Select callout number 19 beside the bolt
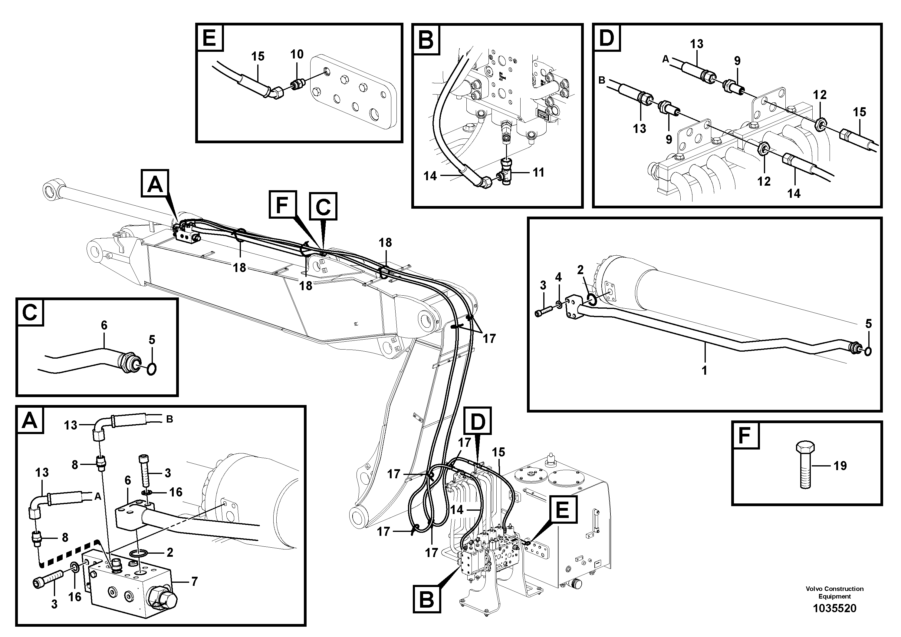pyautogui.click(x=840, y=466)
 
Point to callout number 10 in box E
pyautogui.click(x=297, y=55)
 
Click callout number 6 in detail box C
pyautogui.click(x=104, y=325)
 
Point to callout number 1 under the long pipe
pyautogui.click(x=704, y=370)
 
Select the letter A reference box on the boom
pyautogui.click(x=155, y=183)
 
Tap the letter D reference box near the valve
pyautogui.click(x=478, y=421)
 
